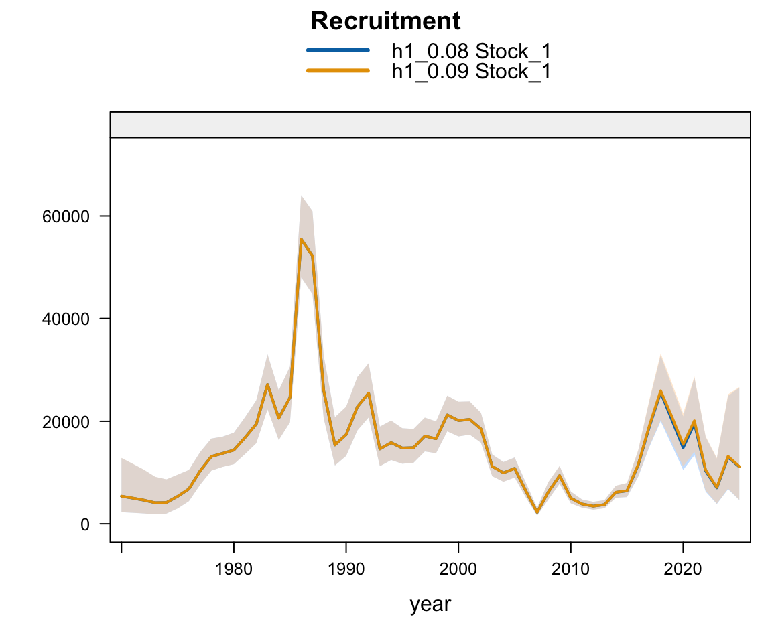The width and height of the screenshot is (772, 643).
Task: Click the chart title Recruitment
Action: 385,22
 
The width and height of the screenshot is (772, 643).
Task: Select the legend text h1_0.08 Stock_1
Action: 471,51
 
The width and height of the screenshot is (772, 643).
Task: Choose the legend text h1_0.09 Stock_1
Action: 471,70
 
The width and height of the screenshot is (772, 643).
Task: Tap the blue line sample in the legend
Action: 338,50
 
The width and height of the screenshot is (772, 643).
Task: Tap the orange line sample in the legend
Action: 338,70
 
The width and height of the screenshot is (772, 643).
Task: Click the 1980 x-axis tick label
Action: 233,569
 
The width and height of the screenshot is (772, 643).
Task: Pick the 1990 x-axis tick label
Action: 346,569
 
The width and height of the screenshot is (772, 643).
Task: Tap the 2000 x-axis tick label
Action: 458,569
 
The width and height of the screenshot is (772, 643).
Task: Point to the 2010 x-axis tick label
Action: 570,569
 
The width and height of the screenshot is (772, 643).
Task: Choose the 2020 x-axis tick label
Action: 683,569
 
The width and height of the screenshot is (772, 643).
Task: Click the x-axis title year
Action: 430,604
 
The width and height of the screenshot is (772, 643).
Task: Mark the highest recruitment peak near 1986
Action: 301,239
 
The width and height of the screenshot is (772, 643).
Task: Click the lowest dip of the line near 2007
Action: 537,512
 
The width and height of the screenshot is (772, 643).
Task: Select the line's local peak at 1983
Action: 267,384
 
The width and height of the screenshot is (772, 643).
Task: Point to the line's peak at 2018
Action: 660,392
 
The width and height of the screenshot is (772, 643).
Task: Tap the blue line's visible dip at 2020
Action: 683,447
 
